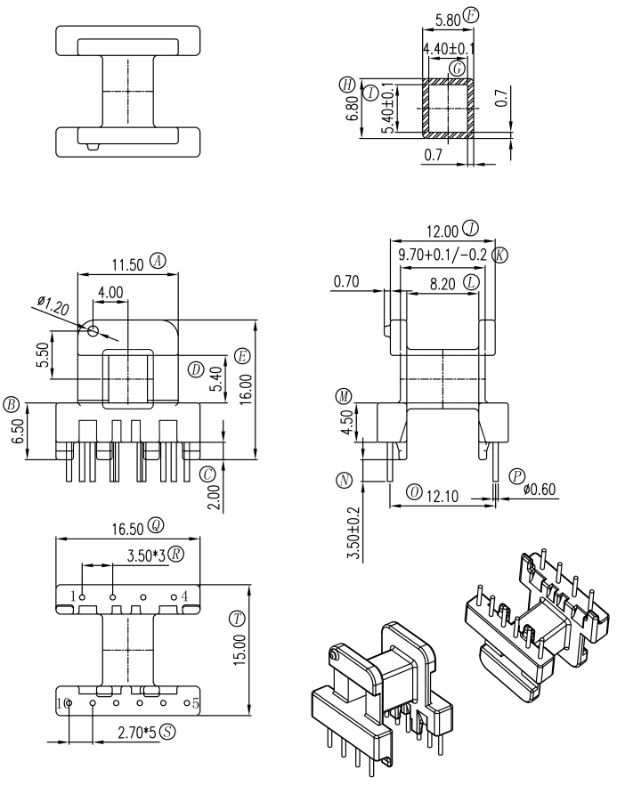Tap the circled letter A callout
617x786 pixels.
(x=158, y=261)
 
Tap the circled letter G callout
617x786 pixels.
(x=458, y=69)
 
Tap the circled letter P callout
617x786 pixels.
(x=516, y=477)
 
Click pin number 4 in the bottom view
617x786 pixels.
(x=184, y=596)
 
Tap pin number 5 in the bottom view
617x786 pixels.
(x=196, y=702)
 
